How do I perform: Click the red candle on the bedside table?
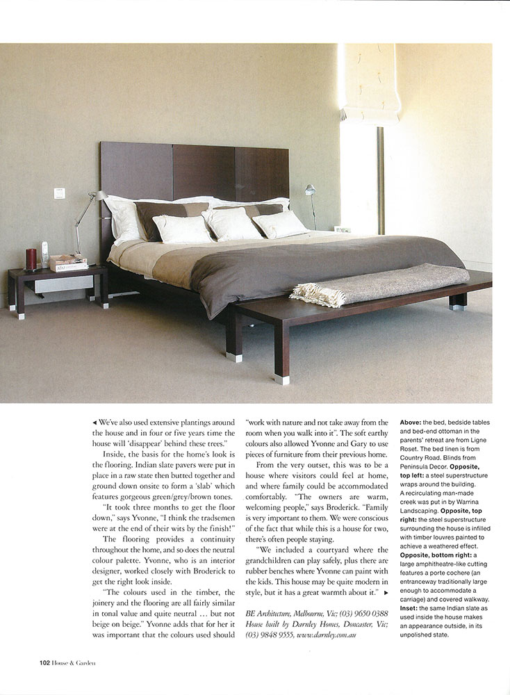tap(31, 259)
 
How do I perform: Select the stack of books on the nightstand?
tap(68, 262)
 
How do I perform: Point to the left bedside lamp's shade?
tap(101, 197)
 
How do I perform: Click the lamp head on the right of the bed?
tap(310, 189)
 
